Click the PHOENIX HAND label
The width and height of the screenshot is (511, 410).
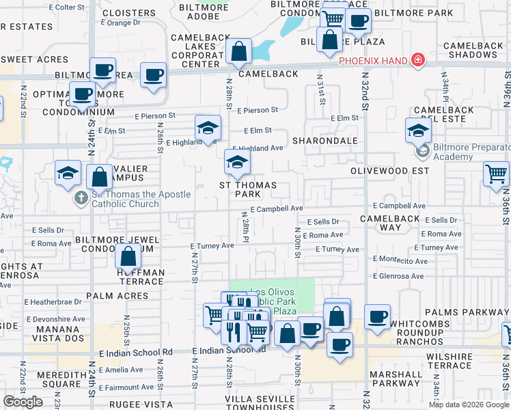point(373,61)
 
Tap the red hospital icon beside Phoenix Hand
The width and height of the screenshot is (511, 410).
point(417,60)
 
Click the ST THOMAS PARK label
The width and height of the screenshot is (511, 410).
point(247,190)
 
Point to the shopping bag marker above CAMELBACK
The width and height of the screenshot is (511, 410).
point(239,52)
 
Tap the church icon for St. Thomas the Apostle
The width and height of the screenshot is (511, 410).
point(81,198)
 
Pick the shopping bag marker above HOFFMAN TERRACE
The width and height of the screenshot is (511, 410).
point(128,258)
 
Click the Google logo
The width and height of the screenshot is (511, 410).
point(23,401)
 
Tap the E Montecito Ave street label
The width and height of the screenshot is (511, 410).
point(400,260)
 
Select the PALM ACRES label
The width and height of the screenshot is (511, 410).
point(117,296)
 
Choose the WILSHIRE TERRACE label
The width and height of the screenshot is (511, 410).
point(458,361)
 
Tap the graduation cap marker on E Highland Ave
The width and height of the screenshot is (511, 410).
point(208,128)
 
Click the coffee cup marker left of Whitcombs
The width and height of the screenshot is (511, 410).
point(376,316)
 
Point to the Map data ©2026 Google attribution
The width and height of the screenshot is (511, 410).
point(469,404)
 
